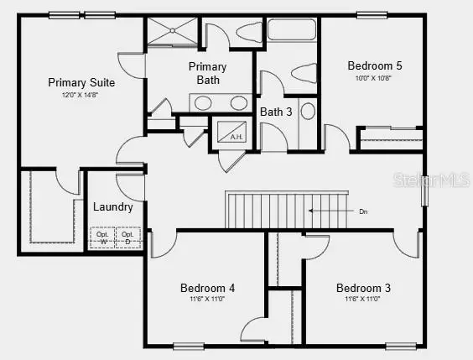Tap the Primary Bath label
tap(207, 73)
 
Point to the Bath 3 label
tap(276, 111)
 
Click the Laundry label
tap(113, 206)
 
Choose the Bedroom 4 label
tap(207, 288)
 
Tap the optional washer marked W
tap(103, 238)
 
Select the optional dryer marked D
tap(127, 238)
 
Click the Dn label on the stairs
tap(363, 211)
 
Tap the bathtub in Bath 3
tap(288, 34)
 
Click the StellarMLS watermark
tap(444, 180)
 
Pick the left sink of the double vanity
tap(202, 103)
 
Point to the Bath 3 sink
tap(306, 111)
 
